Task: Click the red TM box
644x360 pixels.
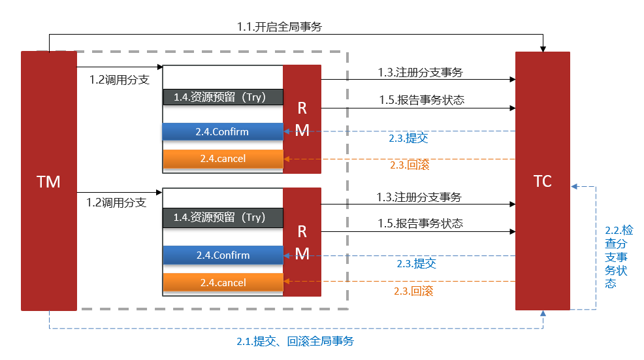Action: point(49,181)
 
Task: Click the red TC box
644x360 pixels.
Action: point(542,181)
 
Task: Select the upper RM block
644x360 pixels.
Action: point(302,119)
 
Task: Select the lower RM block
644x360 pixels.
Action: point(302,242)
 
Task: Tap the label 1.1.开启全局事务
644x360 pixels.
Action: point(279,27)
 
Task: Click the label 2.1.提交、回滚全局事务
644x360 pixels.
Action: point(295,341)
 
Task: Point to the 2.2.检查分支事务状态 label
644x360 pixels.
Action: point(619,257)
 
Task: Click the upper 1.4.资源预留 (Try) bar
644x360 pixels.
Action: point(223,97)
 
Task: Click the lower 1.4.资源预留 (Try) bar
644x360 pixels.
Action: point(223,217)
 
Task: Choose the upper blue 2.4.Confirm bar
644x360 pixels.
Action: point(223,131)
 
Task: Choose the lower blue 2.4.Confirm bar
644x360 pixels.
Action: point(223,255)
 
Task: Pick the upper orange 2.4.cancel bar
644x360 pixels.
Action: point(223,158)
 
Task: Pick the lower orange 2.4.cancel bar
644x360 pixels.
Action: point(223,282)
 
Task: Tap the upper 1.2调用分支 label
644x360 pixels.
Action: point(119,80)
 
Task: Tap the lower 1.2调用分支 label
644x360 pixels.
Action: point(116,203)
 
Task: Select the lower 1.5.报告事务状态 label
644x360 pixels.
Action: point(420,223)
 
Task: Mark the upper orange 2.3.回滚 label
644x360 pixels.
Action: point(409,165)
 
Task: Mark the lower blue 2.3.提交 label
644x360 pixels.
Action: point(416,264)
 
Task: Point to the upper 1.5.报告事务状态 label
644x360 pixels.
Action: point(421,100)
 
